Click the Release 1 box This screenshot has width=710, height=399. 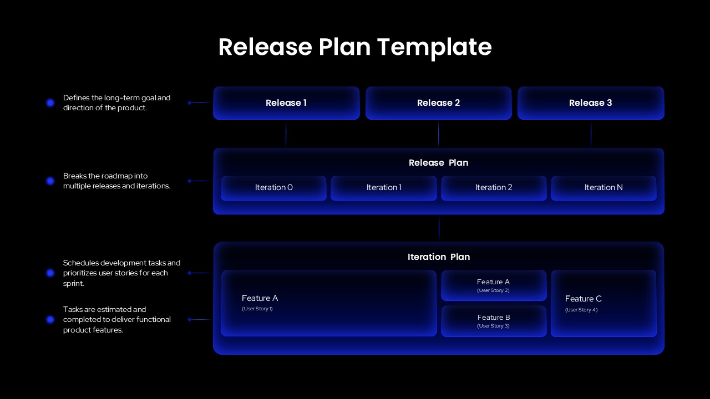pos(286,103)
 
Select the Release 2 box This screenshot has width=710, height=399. pos(438,103)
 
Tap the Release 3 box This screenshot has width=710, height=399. pos(590,103)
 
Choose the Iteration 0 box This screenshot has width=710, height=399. pos(273,188)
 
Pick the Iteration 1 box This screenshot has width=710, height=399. pos(383,188)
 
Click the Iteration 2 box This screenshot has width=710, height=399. pos(494,188)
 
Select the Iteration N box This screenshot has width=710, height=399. pos(603,188)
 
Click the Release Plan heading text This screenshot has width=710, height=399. pos(438,163)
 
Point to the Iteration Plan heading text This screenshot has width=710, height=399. pos(438,257)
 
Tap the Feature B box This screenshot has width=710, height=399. pos(494,321)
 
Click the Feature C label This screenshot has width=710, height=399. pos(583,299)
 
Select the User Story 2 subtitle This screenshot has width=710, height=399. pos(493,290)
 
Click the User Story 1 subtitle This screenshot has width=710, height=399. pos(257,309)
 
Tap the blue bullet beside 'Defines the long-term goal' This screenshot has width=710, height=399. pos(50,103)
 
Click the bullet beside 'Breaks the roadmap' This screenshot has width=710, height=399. pos(50,181)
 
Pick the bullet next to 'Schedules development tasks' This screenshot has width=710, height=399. pos(50,273)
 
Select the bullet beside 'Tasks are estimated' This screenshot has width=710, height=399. pos(50,319)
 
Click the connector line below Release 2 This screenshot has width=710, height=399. pos(438,134)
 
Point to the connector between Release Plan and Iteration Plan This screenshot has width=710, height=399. pos(439,228)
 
